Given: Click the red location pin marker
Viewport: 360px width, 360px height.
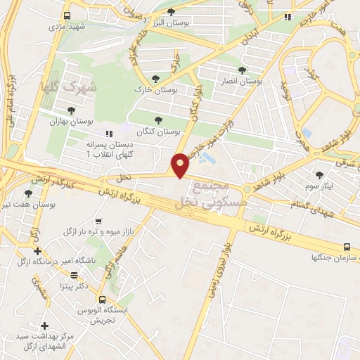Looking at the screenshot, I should click(x=181, y=165).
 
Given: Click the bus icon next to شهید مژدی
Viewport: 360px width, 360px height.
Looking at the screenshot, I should click(x=66, y=15).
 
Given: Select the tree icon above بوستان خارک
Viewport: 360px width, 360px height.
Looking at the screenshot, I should click(x=155, y=79).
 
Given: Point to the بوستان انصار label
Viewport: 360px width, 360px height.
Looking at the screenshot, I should click(x=241, y=81).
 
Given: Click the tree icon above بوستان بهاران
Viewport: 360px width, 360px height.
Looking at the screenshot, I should click(x=71, y=110).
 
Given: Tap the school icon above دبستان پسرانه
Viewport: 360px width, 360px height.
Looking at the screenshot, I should click(x=108, y=134).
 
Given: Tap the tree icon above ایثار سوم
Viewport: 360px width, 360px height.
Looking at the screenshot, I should click(x=320, y=174).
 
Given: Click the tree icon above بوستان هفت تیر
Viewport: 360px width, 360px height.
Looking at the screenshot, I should click(x=28, y=193).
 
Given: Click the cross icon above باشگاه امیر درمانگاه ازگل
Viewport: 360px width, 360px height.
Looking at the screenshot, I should click(x=37, y=251).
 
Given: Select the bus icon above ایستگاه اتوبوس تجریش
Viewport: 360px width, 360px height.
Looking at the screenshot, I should click(x=103, y=300).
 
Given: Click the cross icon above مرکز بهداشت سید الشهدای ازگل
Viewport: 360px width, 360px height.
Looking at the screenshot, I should click(x=45, y=326).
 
